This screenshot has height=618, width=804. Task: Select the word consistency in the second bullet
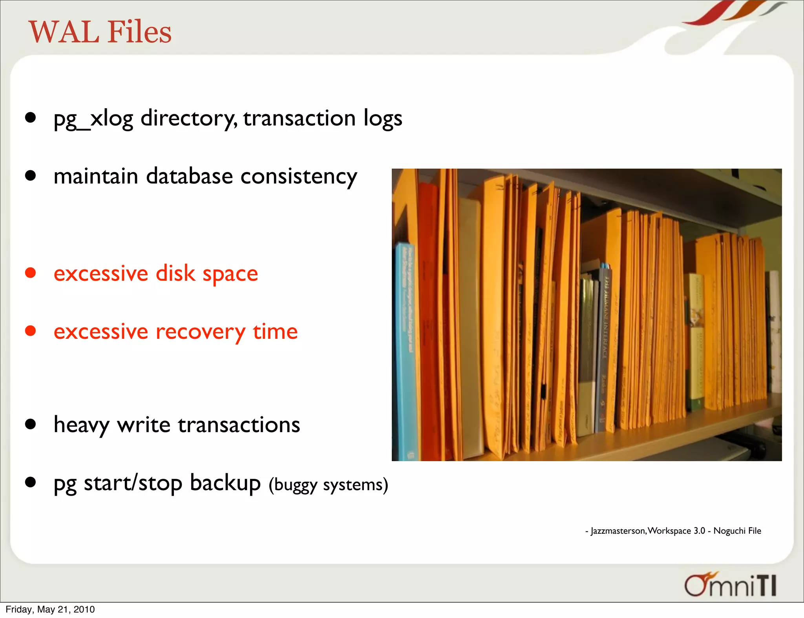[298, 176]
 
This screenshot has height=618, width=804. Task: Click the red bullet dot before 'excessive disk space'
[30, 273]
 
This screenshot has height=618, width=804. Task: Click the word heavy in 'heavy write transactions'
[81, 425]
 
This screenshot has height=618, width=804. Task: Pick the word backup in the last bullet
[225, 483]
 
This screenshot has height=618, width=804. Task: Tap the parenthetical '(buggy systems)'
[328, 485]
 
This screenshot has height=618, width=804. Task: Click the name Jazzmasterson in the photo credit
[618, 531]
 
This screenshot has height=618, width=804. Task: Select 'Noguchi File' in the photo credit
[737, 531]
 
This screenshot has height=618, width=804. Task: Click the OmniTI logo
[731, 585]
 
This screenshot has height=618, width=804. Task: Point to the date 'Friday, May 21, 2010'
[50, 609]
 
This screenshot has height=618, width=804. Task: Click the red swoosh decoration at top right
[707, 16]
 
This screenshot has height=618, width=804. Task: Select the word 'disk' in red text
[175, 273]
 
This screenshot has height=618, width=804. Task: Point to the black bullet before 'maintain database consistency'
[30, 175]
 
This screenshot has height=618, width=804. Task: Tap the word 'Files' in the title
[139, 32]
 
